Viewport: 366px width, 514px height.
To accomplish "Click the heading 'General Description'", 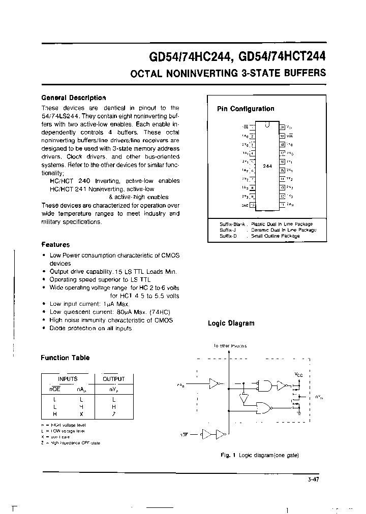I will click(73, 98).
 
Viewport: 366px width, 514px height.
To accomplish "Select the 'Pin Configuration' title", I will click(246, 109).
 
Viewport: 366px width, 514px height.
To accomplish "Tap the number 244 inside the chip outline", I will click(267, 166).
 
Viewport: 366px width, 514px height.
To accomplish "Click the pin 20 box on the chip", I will click(282, 127).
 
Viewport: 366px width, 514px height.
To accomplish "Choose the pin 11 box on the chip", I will click(282, 205).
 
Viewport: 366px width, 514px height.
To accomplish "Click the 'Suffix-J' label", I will click(228, 230).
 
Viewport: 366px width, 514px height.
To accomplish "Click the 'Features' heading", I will click(55, 244).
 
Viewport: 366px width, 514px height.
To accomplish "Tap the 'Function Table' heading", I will click(65, 358).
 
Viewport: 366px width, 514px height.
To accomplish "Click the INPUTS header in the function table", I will click(68, 379).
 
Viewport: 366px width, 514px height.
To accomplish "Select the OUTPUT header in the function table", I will click(113, 379).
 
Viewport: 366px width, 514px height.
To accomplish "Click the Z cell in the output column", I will click(113, 413).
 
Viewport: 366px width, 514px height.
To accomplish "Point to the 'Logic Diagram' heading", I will click(231, 323).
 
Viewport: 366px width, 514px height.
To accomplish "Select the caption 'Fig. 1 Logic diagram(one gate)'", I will click(259, 455).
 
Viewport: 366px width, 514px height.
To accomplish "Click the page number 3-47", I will click(314, 479).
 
